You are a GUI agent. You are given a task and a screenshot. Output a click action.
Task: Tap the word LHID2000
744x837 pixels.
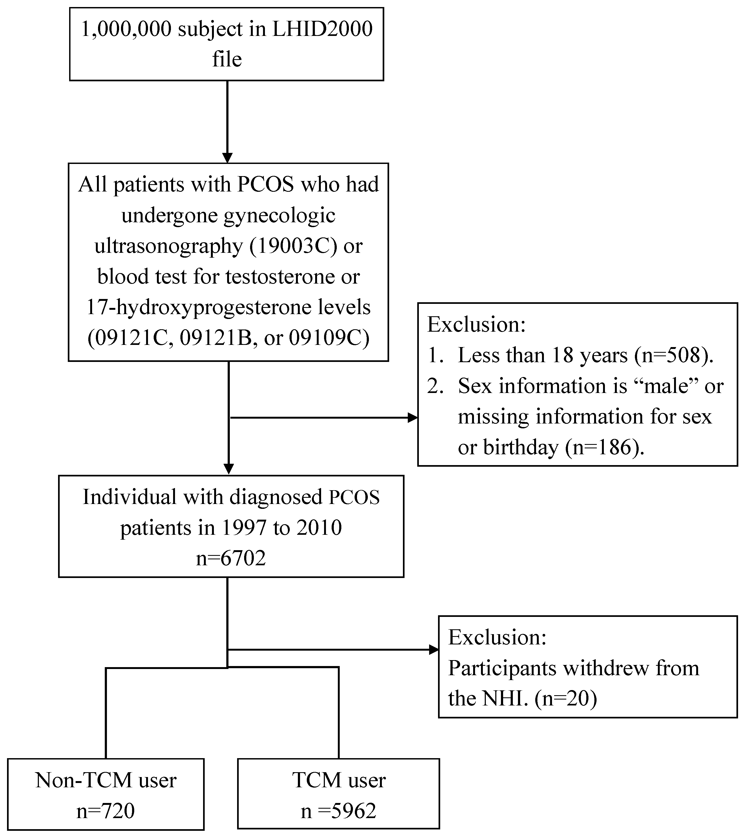[322, 29]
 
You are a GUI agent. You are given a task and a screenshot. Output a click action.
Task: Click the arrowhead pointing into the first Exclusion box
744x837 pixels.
[413, 418]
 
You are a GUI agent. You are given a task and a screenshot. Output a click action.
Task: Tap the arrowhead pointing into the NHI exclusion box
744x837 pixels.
[434, 650]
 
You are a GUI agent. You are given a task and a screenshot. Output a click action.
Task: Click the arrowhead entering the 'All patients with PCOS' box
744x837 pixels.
[227, 158]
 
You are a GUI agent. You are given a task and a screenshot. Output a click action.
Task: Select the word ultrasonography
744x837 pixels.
[169, 246]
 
